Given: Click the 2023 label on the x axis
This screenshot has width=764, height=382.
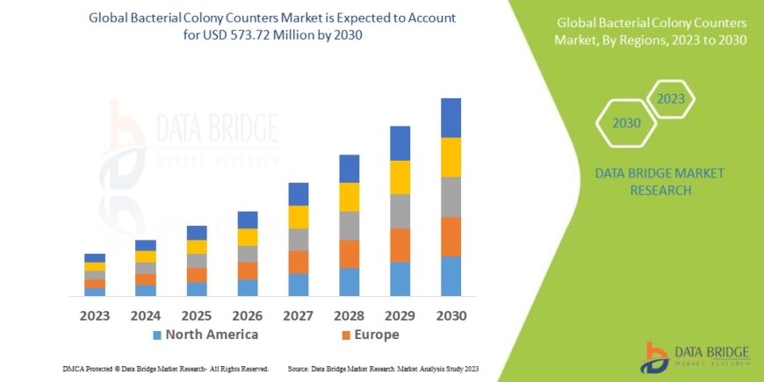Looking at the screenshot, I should pyautogui.click(x=95, y=315).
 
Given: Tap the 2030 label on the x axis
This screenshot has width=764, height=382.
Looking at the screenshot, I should pyautogui.click(x=450, y=315).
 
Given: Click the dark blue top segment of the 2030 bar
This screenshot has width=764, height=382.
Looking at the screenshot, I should pyautogui.click(x=450, y=118).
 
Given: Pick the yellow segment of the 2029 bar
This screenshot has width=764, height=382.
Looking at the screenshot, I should pyautogui.click(x=400, y=177).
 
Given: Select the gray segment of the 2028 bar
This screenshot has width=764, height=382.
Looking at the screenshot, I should pyautogui.click(x=349, y=226).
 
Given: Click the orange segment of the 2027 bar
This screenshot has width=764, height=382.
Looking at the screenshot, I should pyautogui.click(x=299, y=262).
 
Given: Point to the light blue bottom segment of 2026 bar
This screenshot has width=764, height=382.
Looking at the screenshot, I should pyautogui.click(x=248, y=287).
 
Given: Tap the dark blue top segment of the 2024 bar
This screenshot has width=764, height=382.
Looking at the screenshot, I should pyautogui.click(x=146, y=245).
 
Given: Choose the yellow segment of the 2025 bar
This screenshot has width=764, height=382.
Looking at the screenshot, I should pyautogui.click(x=197, y=247).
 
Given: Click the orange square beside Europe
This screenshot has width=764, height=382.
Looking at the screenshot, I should pyautogui.click(x=346, y=335).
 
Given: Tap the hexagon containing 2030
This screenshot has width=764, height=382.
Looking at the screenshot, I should pyautogui.click(x=626, y=123).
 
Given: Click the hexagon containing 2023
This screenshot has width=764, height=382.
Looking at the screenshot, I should pyautogui.click(x=670, y=99).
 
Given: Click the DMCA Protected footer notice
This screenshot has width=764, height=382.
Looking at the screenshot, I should pyautogui.click(x=166, y=369).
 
